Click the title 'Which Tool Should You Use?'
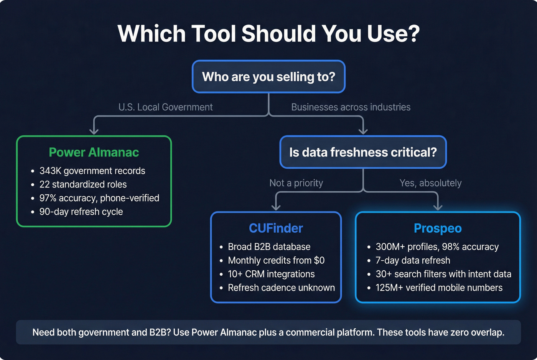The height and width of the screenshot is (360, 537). [268, 34]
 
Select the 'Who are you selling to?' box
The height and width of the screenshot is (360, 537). [268, 77]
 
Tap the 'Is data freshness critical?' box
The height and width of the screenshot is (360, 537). [363, 152]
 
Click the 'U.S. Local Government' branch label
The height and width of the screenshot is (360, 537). [165, 107]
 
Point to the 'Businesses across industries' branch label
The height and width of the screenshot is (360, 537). [351, 107]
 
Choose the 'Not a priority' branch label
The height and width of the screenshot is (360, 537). [296, 183]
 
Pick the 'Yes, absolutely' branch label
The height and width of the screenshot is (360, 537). [430, 183]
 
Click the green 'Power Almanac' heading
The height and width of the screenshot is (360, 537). [94, 152]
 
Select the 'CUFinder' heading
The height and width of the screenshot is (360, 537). [276, 228]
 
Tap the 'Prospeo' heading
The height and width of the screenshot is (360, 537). [438, 228]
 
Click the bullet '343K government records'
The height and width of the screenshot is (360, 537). [92, 171]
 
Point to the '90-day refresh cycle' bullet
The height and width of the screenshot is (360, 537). [81, 212]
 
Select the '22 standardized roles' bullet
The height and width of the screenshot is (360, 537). [83, 184]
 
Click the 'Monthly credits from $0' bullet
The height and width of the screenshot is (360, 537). [276, 260]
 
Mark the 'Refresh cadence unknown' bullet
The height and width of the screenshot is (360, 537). [281, 288]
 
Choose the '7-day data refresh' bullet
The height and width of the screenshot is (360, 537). [413, 260]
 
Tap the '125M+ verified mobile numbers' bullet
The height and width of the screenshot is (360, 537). [439, 288]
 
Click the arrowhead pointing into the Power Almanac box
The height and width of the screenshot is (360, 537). [94, 131]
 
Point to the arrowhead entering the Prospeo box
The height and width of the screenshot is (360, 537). [438, 207]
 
